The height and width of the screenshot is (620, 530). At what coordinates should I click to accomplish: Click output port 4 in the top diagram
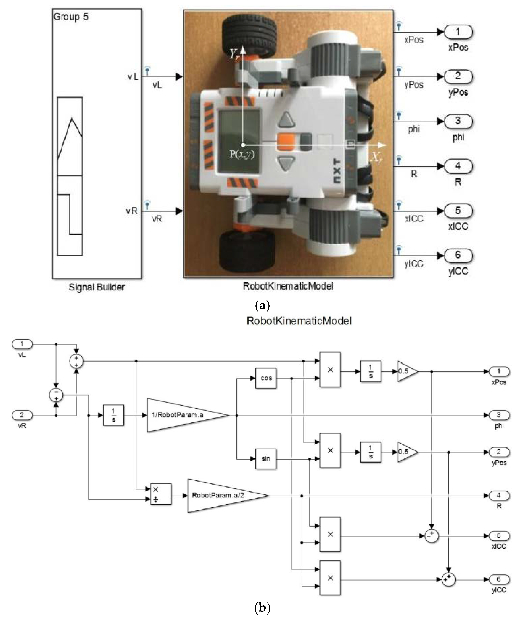point(458,166)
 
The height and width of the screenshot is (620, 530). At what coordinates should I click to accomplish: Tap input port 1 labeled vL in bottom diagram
point(22,344)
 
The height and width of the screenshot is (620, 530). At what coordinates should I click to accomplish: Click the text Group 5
point(71,17)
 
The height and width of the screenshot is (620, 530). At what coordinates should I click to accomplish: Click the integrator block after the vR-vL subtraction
point(113,415)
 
